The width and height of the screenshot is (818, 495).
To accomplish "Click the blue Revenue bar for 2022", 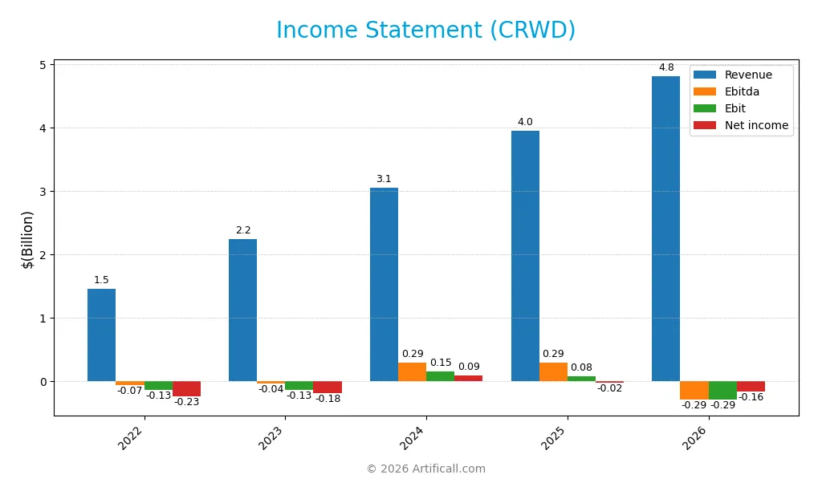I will click(101, 335).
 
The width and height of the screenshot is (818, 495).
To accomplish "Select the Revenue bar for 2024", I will click(384, 284).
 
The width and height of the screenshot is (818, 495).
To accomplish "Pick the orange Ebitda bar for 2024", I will click(412, 371).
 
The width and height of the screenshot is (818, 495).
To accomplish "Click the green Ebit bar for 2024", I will click(440, 376).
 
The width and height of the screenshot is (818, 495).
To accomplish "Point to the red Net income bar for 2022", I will click(186, 388).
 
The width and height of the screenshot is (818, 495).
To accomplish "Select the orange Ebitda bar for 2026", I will click(694, 390).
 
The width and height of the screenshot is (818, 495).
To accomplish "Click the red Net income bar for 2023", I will click(327, 387).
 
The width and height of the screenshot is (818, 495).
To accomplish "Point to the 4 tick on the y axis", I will click(43, 128).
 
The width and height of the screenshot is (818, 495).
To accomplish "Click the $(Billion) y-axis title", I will click(28, 239).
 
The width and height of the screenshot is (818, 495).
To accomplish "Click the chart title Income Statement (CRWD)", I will click(425, 30).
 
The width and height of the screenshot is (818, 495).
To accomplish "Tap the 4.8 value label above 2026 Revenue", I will click(665, 67).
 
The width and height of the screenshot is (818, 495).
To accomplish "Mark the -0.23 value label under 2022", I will click(186, 402).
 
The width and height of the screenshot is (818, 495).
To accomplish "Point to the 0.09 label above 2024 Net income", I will click(469, 367).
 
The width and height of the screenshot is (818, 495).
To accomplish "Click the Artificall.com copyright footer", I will click(425, 469).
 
